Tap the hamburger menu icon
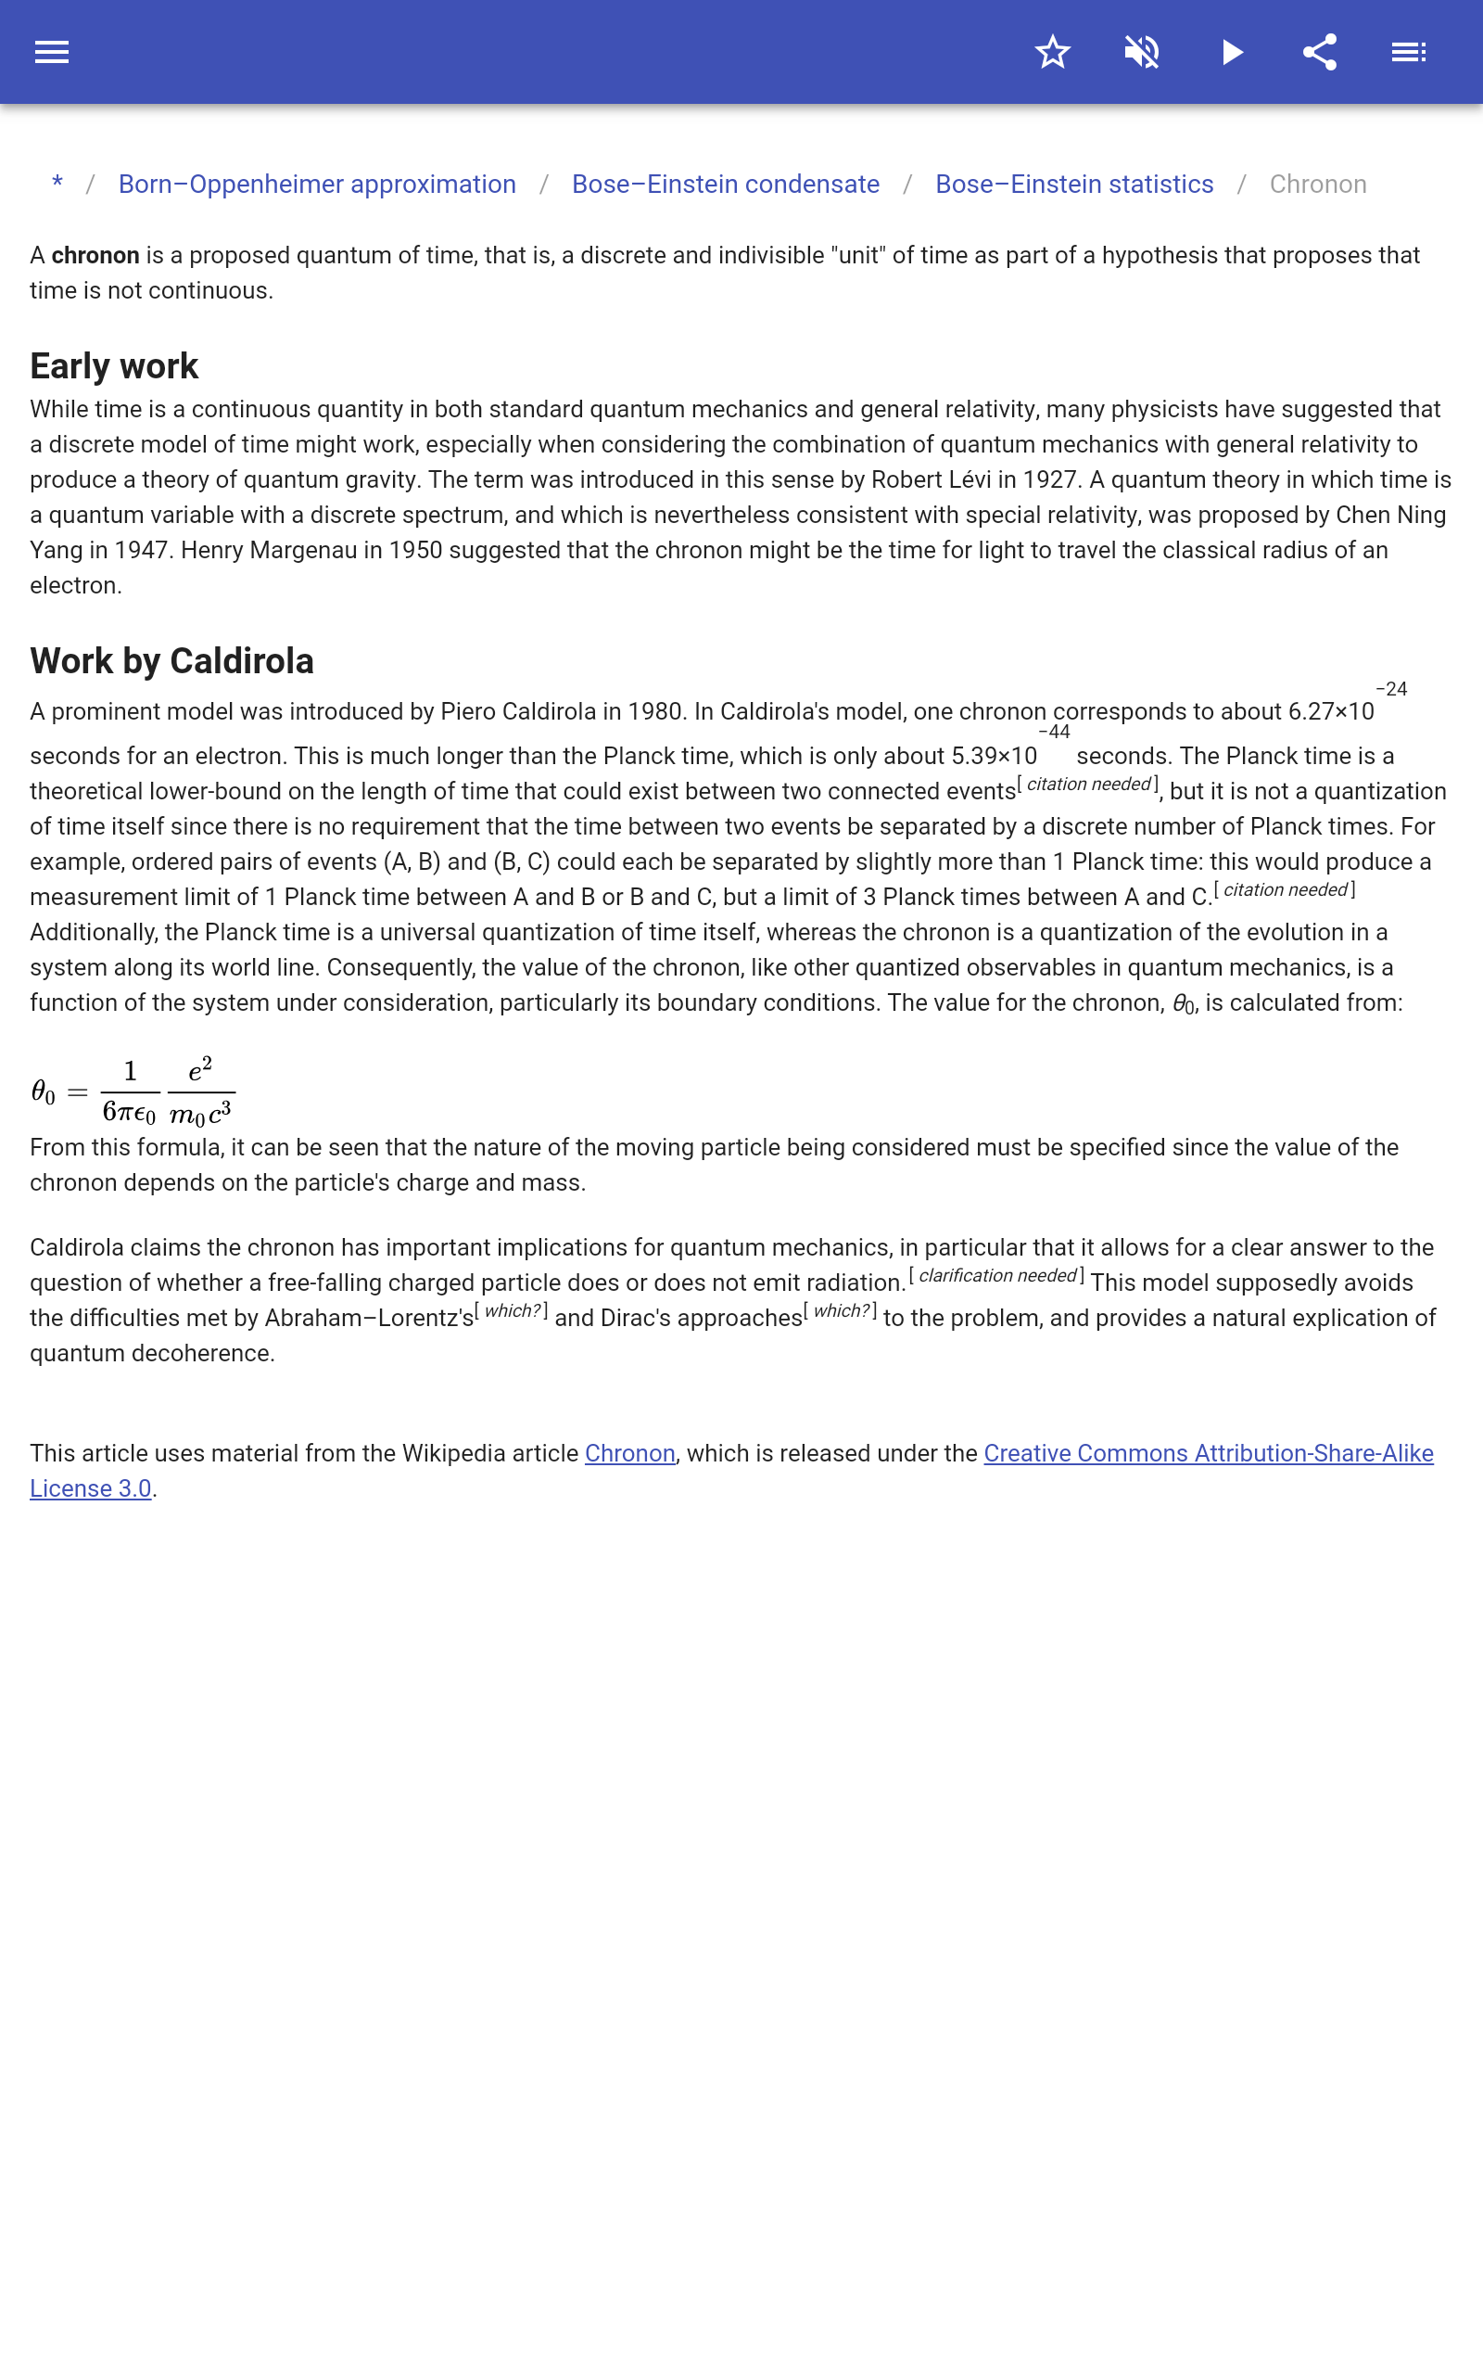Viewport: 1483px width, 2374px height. point(52,52)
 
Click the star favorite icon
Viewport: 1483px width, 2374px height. point(1052,52)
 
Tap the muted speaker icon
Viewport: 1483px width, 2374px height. point(1142,52)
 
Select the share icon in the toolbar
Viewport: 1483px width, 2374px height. point(1320,52)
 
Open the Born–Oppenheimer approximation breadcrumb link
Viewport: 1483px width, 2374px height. point(317,185)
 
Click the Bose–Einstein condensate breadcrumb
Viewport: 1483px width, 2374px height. point(726,185)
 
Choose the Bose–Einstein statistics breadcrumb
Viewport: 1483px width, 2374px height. point(1074,185)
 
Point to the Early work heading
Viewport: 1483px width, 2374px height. point(114,366)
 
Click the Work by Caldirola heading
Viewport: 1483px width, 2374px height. point(171,661)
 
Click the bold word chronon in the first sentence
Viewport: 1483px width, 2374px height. point(95,256)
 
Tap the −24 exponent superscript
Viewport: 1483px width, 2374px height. point(1391,689)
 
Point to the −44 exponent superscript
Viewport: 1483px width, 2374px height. point(1054,732)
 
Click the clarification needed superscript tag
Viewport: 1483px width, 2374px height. point(996,1275)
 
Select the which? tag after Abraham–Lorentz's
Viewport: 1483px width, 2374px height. point(512,1310)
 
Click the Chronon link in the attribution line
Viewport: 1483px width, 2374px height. point(629,1453)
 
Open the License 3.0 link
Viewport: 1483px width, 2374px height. point(90,1488)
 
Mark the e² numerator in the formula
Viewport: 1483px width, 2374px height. point(200,1070)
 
